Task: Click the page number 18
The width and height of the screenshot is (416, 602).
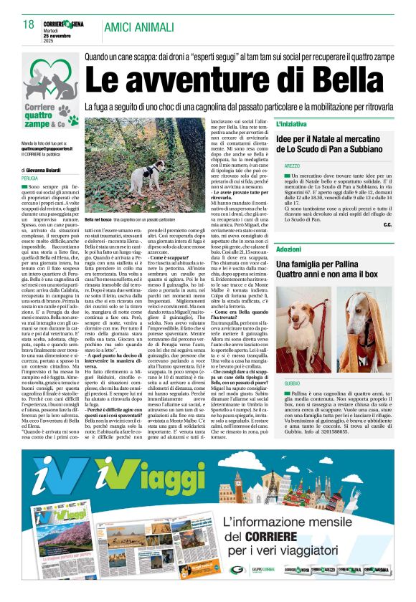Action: [29, 25]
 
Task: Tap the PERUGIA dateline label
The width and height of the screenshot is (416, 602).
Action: [30, 177]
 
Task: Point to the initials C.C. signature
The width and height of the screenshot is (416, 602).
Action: [387, 225]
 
